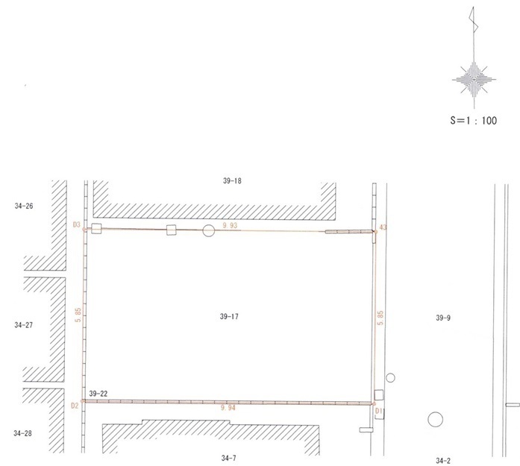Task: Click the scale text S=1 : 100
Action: tap(473, 120)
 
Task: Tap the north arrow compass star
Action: tap(474, 80)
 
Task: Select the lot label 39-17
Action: tap(229, 317)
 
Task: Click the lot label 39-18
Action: tap(232, 180)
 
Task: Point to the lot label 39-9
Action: tap(443, 318)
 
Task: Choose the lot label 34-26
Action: tap(24, 206)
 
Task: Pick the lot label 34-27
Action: tap(24, 325)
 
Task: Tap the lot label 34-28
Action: tap(22, 433)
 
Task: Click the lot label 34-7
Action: tap(228, 458)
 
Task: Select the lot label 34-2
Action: tap(443, 461)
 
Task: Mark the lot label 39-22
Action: tap(98, 394)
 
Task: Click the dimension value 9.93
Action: tap(230, 225)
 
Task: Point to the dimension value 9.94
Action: tap(228, 408)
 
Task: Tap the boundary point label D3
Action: tap(77, 224)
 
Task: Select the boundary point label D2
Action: tap(75, 406)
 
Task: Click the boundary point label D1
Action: tap(379, 411)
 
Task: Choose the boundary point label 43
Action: tap(383, 227)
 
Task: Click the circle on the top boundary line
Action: tap(209, 230)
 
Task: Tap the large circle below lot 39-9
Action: tap(436, 419)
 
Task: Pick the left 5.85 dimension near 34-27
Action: tap(78, 315)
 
